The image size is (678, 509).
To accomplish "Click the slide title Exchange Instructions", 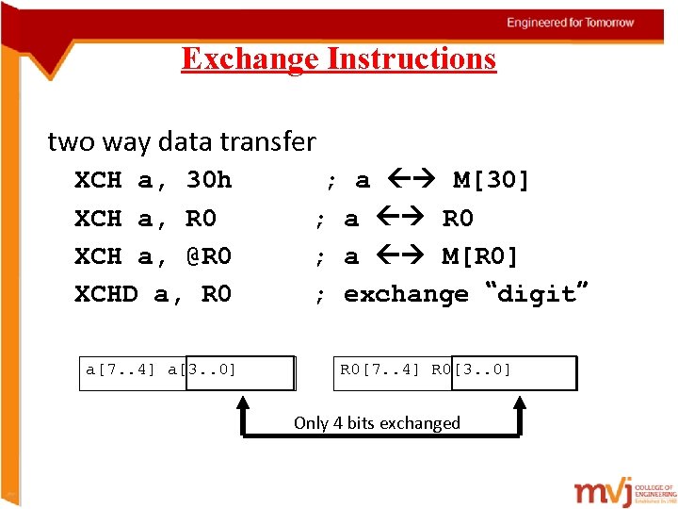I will (x=338, y=59).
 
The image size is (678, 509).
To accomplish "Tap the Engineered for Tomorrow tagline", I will (x=571, y=23).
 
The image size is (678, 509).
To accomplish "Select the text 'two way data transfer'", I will (x=182, y=142).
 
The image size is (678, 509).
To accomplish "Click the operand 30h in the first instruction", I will (x=208, y=180).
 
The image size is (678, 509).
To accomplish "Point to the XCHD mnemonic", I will (x=105, y=294).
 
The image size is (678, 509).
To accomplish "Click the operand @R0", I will (x=208, y=256).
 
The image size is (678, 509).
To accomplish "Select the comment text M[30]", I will (x=492, y=180).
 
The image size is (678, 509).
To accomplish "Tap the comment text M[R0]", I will (x=479, y=256).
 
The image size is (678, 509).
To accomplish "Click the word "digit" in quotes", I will (x=536, y=293).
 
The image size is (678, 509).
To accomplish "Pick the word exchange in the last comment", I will (x=406, y=294).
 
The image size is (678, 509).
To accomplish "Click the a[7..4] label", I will (x=121, y=369).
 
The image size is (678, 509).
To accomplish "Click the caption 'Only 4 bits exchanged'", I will (x=377, y=423).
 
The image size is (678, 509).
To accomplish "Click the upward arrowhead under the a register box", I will (x=242, y=402).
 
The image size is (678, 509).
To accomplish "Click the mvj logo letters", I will (x=603, y=489).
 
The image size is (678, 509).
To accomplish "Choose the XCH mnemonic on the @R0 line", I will (x=98, y=256).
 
